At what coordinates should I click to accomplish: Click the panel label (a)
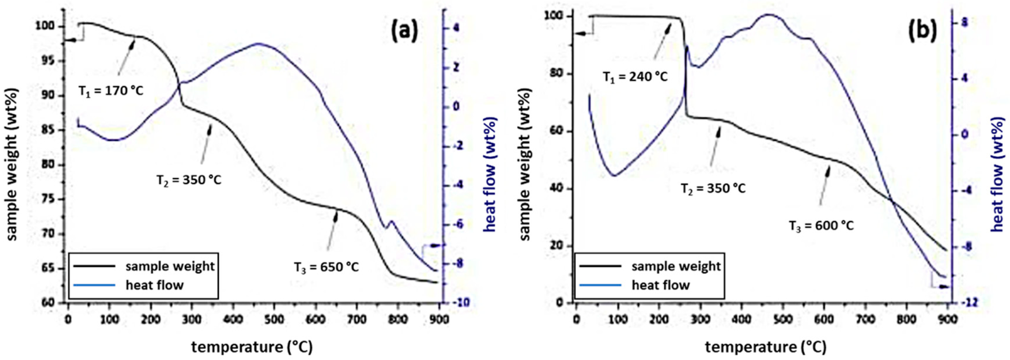click(405, 31)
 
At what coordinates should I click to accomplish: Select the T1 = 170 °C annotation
click(111, 91)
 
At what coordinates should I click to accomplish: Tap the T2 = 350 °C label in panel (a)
click(189, 180)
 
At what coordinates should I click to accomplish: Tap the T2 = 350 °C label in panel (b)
click(713, 188)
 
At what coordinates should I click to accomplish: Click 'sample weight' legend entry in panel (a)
click(170, 266)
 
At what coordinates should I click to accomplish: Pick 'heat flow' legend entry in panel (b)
click(661, 285)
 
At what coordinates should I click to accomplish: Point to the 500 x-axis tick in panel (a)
click(274, 319)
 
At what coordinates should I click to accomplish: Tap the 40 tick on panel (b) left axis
click(557, 188)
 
